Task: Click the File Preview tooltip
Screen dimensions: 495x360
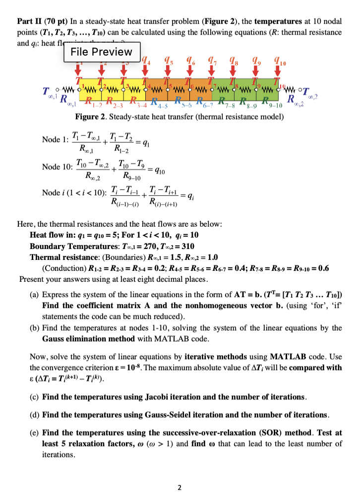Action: click(102, 52)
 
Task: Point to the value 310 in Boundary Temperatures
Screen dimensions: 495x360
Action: click(186, 246)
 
